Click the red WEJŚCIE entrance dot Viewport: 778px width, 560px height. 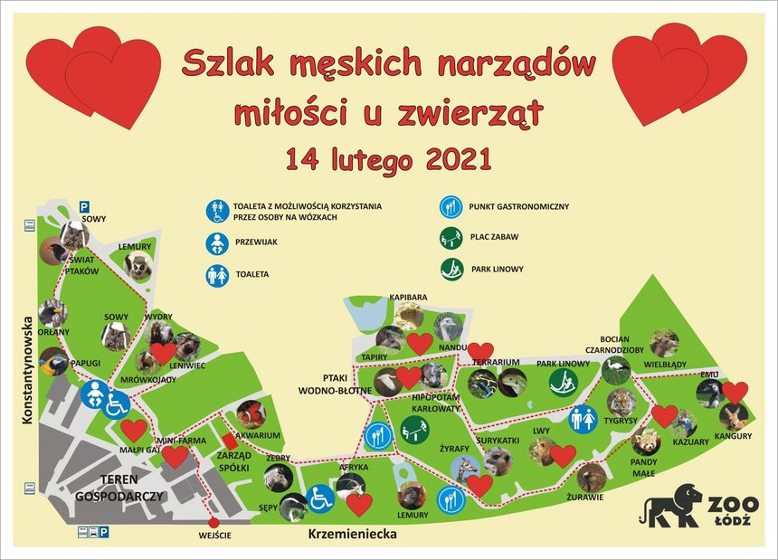[213, 522]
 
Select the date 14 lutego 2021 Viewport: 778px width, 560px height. [389, 158]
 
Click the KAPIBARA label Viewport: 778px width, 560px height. [408, 297]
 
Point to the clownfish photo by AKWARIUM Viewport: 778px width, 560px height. [251, 414]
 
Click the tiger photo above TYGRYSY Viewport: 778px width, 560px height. [621, 403]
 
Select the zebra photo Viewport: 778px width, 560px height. [278, 477]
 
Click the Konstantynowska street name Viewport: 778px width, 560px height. [27, 370]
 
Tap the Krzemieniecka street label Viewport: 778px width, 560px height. [352, 534]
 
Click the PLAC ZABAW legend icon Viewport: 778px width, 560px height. [451, 238]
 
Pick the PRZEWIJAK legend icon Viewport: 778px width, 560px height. [217, 243]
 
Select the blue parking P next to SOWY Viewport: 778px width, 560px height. [85, 206]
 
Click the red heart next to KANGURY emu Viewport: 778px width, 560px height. [735, 393]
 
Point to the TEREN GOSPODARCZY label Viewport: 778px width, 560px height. [119, 488]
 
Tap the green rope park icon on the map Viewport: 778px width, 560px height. [564, 383]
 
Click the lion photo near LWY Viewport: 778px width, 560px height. [544, 451]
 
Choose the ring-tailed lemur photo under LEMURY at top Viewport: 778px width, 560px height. [138, 266]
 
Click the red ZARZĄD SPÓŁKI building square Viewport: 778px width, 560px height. [229, 441]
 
